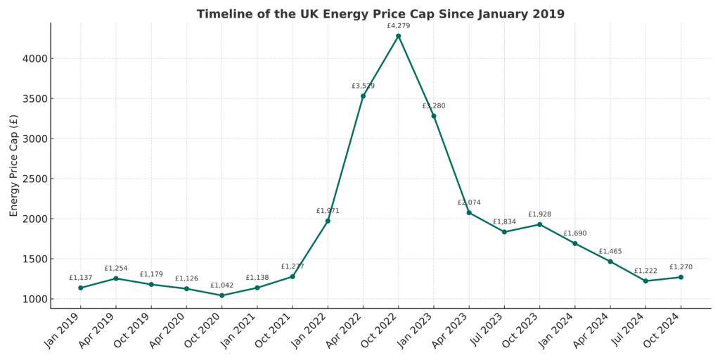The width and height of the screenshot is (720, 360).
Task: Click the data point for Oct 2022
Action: click(x=399, y=36)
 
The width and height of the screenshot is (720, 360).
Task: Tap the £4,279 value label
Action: click(x=399, y=26)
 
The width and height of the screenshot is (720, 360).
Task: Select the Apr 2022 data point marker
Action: click(x=363, y=96)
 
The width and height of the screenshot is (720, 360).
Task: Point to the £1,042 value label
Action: click(x=221, y=285)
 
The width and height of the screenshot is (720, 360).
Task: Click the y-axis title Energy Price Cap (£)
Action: click(x=14, y=165)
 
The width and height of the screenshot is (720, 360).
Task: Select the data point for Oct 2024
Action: click(x=681, y=277)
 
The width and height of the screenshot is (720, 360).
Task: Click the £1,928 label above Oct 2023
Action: click(x=539, y=214)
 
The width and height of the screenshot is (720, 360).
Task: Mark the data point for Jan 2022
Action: click(x=328, y=221)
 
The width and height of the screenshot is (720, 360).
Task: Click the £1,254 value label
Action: click(x=116, y=269)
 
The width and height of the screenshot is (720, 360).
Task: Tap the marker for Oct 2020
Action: click(x=221, y=295)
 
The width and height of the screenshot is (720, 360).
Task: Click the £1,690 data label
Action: click(x=574, y=233)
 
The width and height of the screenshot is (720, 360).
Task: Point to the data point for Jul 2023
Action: click(x=504, y=232)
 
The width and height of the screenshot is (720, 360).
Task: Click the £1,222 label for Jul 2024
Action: click(x=645, y=271)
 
